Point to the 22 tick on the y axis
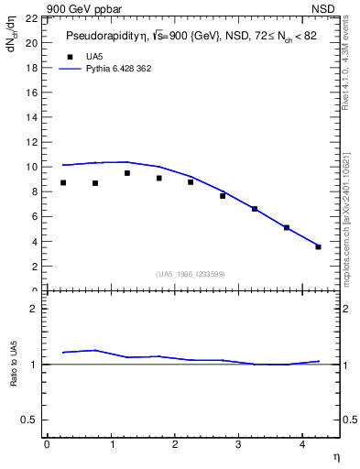[x=31, y=18]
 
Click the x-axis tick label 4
[x=301, y=444]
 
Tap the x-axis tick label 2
[x=174, y=444]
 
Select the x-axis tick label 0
[x=47, y=444]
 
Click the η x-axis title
[x=335, y=455]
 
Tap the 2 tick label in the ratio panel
[x=33, y=309]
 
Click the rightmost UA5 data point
[x=318, y=246]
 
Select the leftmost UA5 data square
[x=62, y=182]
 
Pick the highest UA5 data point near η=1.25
[x=126, y=173]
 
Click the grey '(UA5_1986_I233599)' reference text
[x=190, y=274]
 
